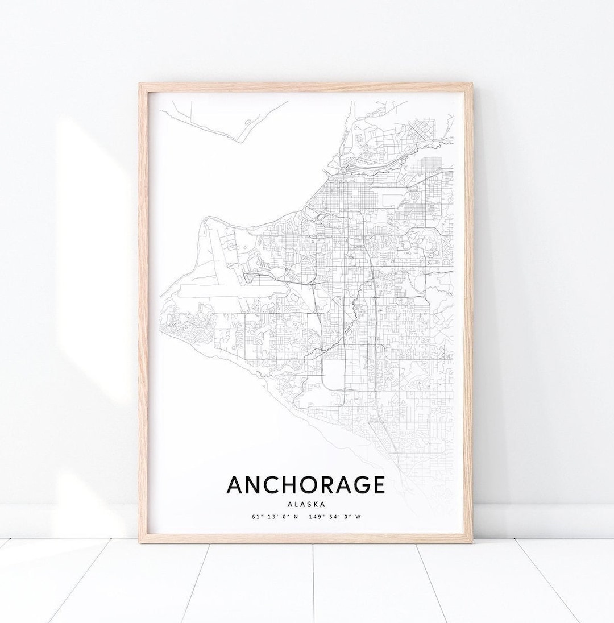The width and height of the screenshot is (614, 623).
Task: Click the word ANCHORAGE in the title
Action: pyautogui.click(x=306, y=485)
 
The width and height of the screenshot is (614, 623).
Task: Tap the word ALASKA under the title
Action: pyautogui.click(x=306, y=504)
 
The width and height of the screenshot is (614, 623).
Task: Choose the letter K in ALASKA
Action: pyautogui.click(x=316, y=504)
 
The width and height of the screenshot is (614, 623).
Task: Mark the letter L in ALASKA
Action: pyautogui.click(x=296, y=504)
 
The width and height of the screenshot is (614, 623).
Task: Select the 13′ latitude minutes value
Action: pyautogui.click(x=269, y=517)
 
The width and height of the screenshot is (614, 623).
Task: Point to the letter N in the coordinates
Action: pyautogui.click(x=296, y=517)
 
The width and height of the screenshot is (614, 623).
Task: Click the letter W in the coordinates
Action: pyautogui.click(x=359, y=517)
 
